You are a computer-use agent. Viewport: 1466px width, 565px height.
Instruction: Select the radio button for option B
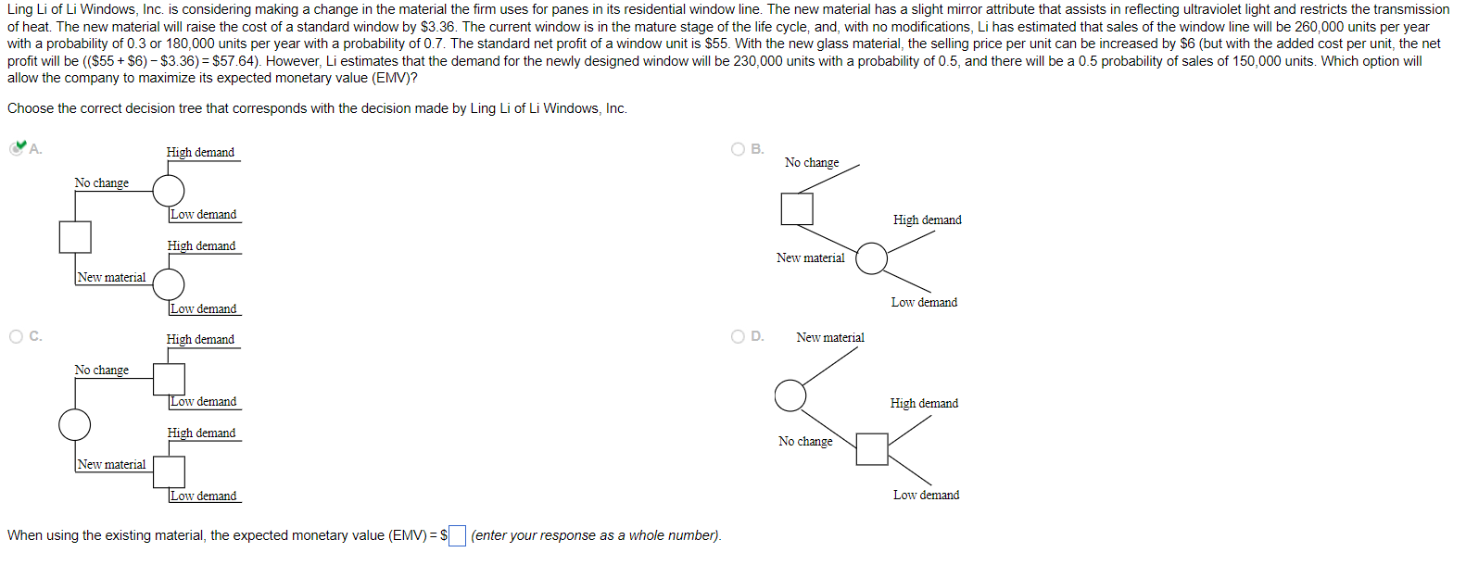point(739,149)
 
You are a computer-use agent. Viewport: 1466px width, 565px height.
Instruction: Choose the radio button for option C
point(17,336)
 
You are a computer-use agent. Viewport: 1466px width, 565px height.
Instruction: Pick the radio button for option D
point(739,336)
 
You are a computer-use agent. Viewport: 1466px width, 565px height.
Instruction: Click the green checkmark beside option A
point(18,147)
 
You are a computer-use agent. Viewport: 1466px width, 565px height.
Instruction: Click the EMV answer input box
point(457,536)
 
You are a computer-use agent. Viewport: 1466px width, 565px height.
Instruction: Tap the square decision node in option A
point(75,237)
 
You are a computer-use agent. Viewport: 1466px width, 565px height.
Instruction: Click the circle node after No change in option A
point(169,190)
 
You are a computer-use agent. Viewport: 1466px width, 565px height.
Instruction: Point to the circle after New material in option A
point(169,284)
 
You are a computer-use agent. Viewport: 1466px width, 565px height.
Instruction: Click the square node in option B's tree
point(797,208)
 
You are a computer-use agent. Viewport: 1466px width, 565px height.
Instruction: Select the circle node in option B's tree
point(871,258)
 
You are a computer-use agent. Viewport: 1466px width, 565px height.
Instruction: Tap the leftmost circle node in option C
point(75,424)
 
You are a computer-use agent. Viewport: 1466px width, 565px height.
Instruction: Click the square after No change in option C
point(169,378)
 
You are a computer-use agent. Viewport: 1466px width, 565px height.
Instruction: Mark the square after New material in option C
point(169,471)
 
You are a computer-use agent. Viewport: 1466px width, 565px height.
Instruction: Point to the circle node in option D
point(790,395)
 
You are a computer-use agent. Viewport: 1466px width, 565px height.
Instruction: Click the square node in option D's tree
point(872,449)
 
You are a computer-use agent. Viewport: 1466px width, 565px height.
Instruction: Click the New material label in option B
point(811,258)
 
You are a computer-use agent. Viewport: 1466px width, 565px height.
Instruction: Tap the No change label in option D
point(805,442)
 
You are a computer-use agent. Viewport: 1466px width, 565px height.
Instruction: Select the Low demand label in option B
point(924,303)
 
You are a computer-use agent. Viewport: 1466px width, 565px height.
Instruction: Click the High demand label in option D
point(924,404)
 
